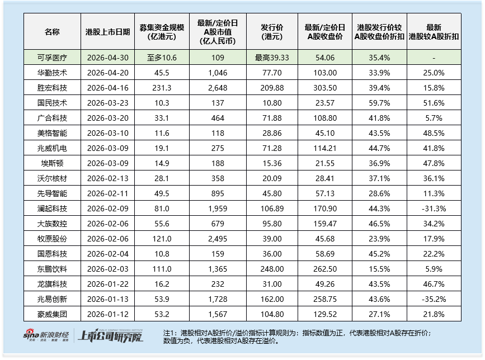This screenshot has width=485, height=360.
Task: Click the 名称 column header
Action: click(x=52, y=32)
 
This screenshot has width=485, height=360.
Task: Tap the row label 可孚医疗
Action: click(x=52, y=58)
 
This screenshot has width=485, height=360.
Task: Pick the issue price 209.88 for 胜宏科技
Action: click(x=272, y=88)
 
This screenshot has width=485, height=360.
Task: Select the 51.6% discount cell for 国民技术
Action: click(x=434, y=103)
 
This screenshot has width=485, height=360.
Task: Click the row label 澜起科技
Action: click(x=52, y=209)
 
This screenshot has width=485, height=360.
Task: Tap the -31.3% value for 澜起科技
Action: click(x=434, y=209)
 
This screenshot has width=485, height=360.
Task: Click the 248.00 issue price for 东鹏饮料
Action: click(x=272, y=269)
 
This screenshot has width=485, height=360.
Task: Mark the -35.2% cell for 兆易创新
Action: click(x=434, y=299)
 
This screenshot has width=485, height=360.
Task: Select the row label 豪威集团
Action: click(x=52, y=314)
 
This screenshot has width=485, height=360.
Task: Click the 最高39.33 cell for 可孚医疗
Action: click(x=272, y=58)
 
